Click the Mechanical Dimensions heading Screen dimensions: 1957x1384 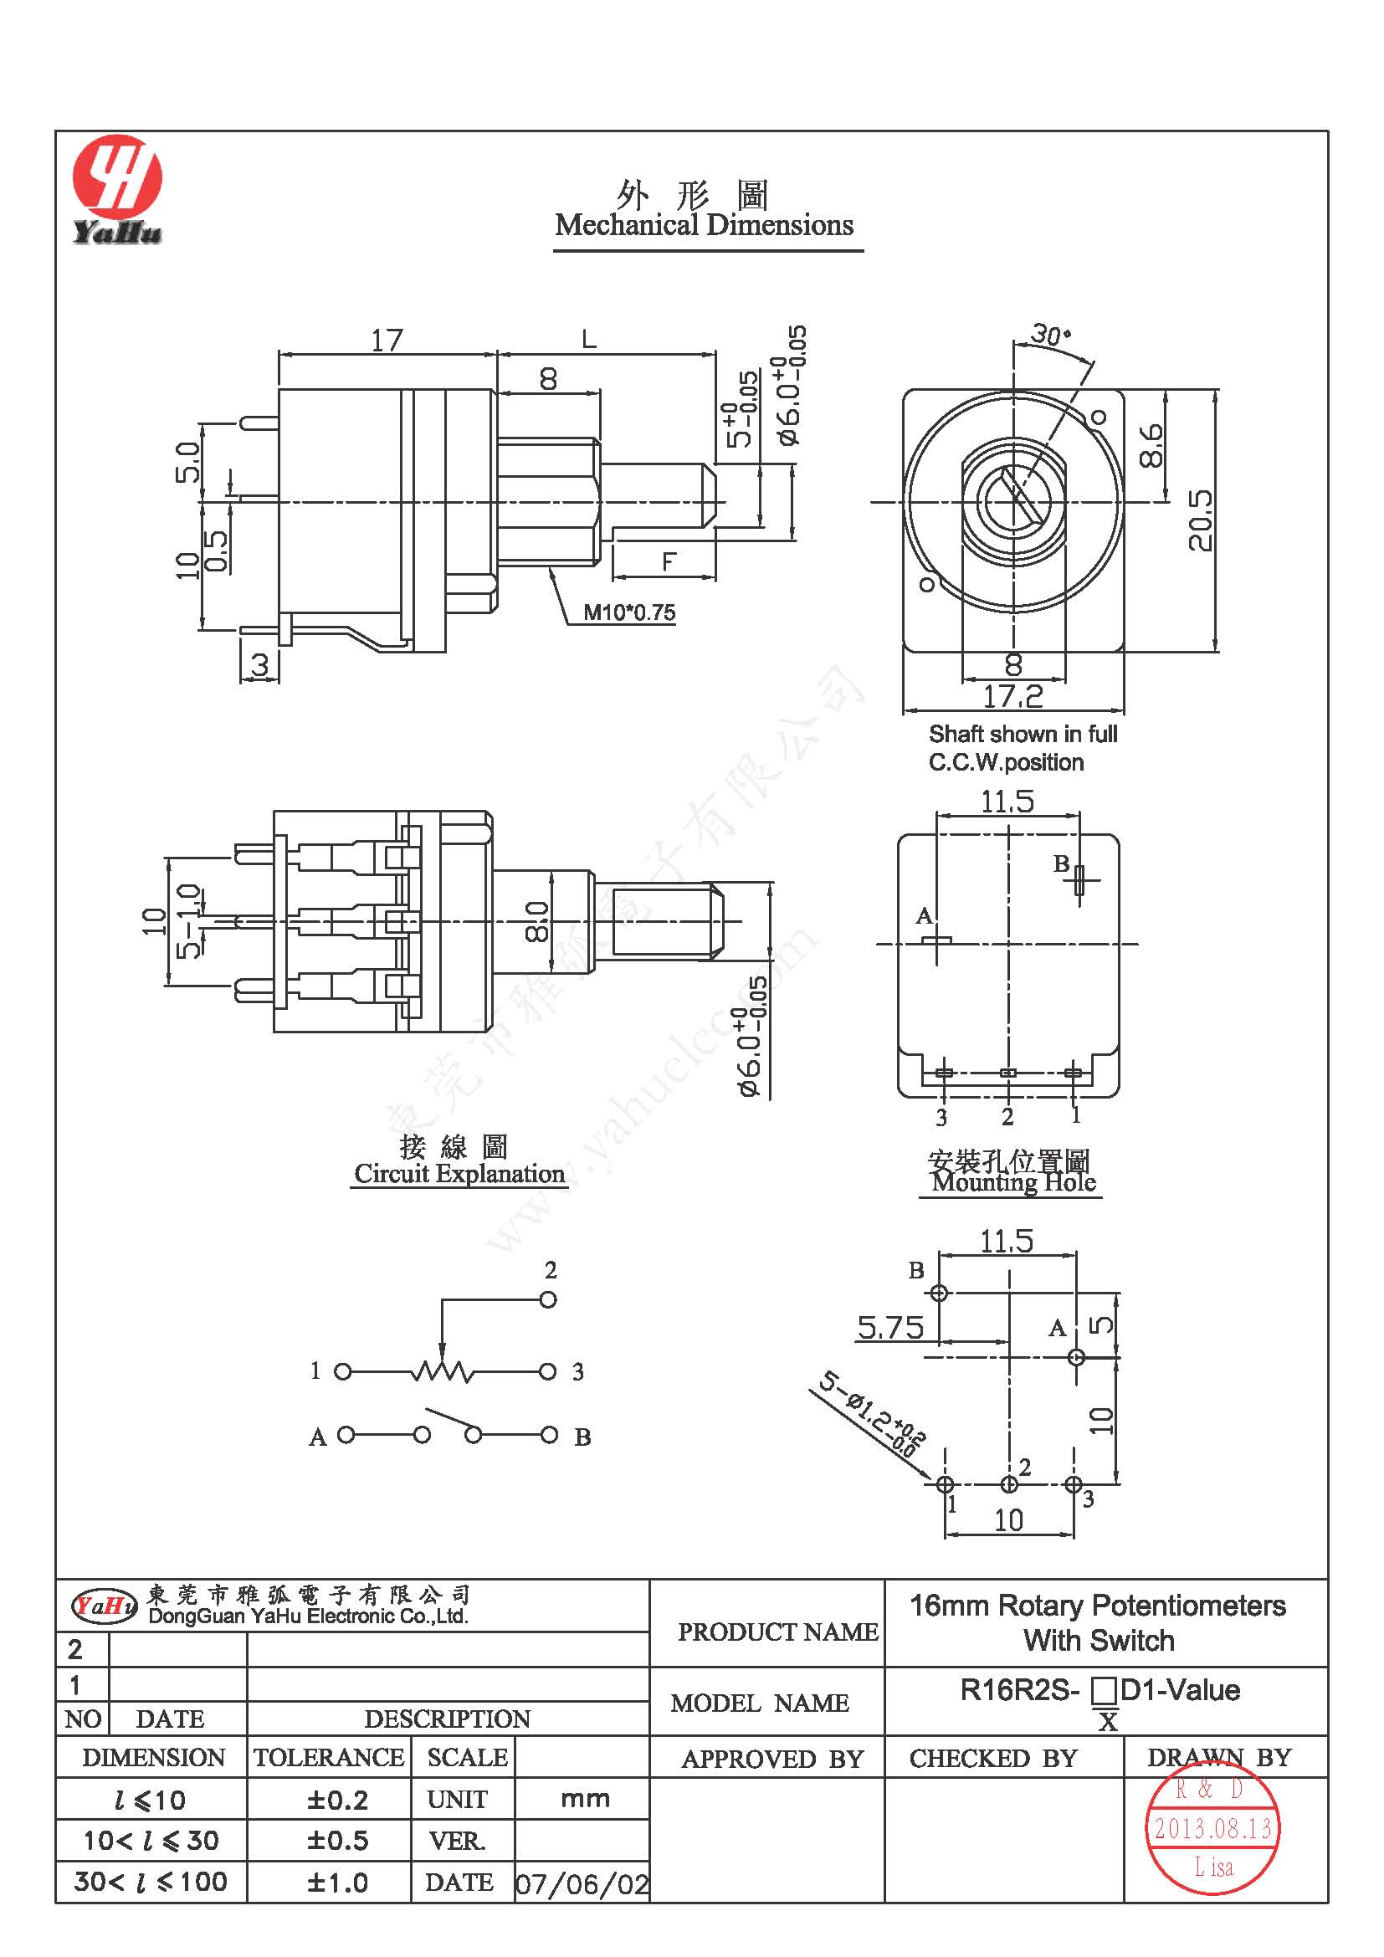[x=704, y=225]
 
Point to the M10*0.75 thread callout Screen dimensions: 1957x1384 [x=628, y=612]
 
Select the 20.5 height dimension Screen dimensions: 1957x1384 [x=1199, y=520]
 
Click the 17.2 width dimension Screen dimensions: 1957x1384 [x=1012, y=696]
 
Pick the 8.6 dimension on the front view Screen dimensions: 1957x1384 [x=1151, y=445]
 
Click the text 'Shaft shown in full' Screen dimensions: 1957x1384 [x=1023, y=734]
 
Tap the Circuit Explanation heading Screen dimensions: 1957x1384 [x=459, y=1174]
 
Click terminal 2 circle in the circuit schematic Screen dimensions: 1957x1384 [x=548, y=1300]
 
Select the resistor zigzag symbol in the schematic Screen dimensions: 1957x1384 [x=442, y=1371]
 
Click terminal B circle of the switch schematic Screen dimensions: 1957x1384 [x=550, y=1436]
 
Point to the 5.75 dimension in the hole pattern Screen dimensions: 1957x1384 [x=889, y=1327]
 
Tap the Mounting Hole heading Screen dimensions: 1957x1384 [x=1013, y=1182]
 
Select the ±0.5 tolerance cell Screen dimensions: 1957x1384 [x=337, y=1840]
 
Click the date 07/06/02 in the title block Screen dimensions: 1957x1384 [x=582, y=1883]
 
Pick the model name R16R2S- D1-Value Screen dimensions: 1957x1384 [x=1100, y=1689]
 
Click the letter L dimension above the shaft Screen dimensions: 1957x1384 [x=589, y=340]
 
